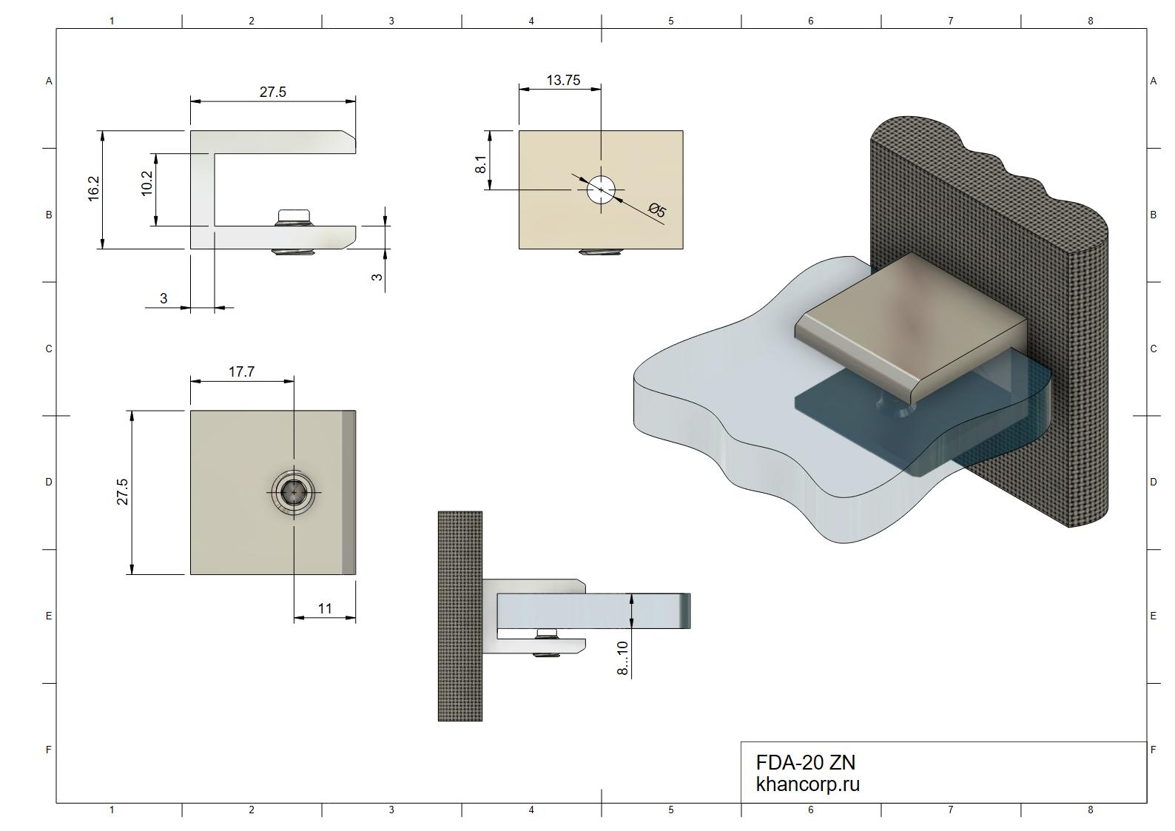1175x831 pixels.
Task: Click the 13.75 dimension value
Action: [x=563, y=80]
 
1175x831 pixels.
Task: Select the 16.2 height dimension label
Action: [x=93, y=189]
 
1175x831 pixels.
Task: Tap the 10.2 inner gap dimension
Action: [x=147, y=183]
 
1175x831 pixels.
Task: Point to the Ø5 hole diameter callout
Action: [x=657, y=210]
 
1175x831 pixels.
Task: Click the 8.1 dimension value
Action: [x=481, y=164]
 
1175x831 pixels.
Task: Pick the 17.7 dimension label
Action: [x=241, y=372]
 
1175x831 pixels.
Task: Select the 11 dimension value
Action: [x=325, y=608]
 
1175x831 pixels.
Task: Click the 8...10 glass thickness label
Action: [x=622, y=658]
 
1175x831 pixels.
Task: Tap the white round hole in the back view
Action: [x=601, y=189]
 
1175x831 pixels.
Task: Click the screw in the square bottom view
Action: [x=294, y=493]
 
